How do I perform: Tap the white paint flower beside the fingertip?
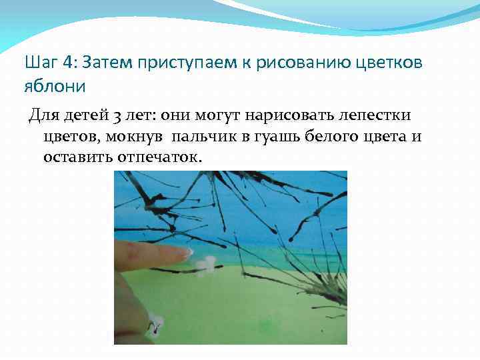click(204, 265)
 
